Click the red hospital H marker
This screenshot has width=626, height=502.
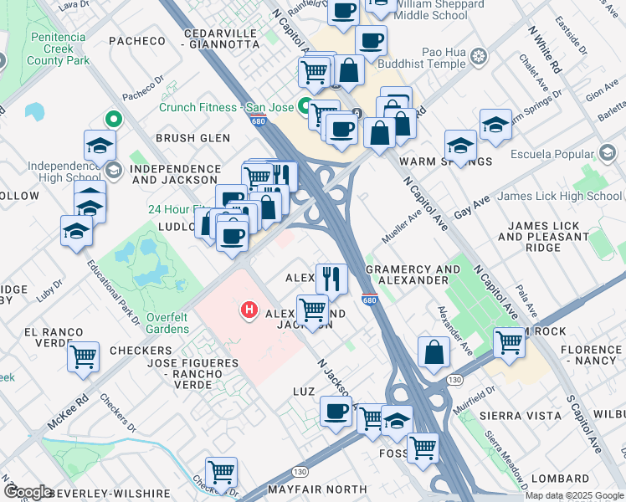(249, 310)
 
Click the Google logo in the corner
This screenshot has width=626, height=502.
(27, 491)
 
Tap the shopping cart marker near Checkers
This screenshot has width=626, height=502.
(84, 356)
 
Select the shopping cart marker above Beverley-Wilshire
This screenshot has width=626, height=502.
(221, 472)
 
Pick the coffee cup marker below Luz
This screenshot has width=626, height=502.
(336, 412)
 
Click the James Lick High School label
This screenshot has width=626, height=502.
(559, 197)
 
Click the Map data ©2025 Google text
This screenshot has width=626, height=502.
(573, 495)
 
